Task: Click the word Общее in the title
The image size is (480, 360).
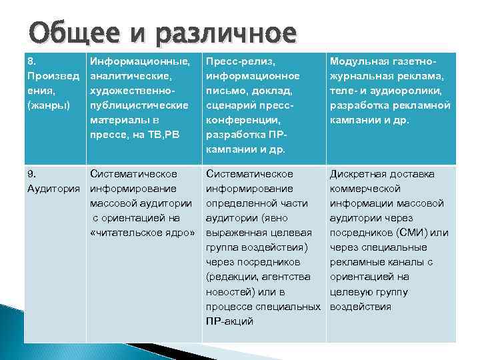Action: pyautogui.click(x=75, y=31)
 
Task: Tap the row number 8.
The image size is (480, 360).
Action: pyautogui.click(x=31, y=61)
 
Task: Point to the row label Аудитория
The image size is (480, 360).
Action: pyautogui.click(x=53, y=189)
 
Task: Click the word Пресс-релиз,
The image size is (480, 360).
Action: pyautogui.click(x=238, y=61)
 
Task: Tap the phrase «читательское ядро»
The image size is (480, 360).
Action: pyautogui.click(x=142, y=233)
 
